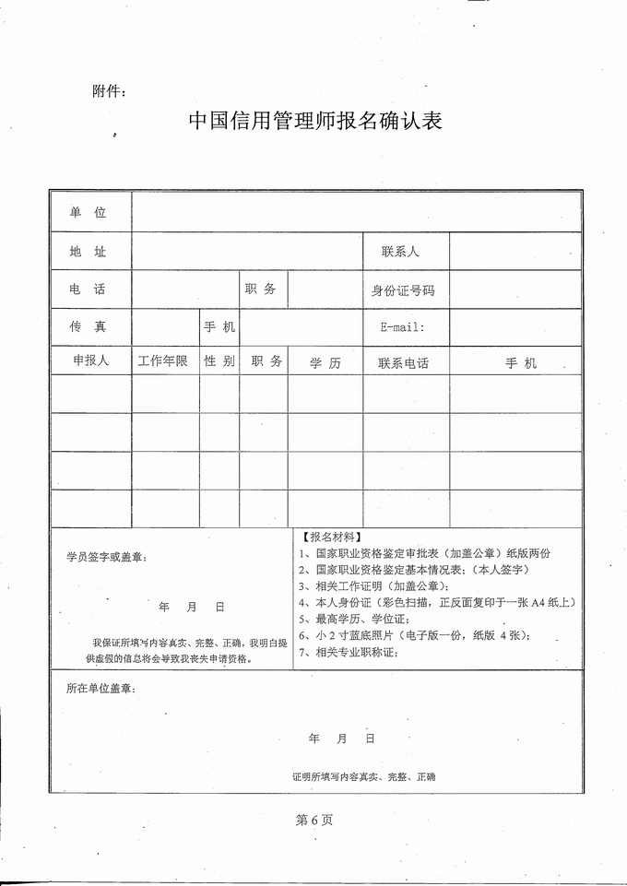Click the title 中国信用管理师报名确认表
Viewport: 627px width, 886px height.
314,121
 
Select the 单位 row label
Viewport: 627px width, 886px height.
89,212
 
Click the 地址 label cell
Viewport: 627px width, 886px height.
89,251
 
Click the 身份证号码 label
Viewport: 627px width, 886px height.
403,290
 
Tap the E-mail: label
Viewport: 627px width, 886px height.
401,327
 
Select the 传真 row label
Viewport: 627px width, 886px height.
89,327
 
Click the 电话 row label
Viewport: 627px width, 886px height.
89,289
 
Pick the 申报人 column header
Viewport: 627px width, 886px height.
90,361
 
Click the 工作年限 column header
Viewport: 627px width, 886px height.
163,361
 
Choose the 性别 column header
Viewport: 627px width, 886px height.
219,361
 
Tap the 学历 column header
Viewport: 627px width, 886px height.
325,363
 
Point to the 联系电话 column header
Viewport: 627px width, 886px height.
404,363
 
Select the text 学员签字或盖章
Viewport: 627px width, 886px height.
106,557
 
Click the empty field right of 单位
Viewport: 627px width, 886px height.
356,212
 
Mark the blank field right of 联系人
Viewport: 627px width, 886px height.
515,251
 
